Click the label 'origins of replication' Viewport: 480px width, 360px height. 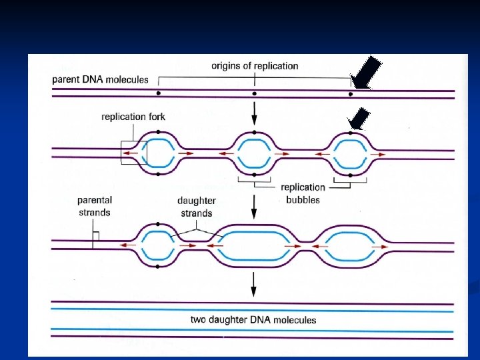tap(255, 66)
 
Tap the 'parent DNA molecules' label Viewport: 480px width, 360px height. tap(101, 80)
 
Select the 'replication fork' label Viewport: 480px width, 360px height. tap(133, 117)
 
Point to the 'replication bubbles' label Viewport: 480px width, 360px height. tap(303, 193)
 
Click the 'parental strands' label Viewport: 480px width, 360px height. tap(94, 206)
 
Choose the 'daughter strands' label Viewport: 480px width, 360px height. tap(196, 207)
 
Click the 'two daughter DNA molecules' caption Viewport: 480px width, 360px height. tap(253, 319)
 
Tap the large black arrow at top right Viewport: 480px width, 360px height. tap(367, 72)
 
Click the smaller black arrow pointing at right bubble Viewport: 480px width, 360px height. tap(359, 119)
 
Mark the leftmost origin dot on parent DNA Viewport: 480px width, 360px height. tap(159, 94)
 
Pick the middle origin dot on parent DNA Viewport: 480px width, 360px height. tap(254, 94)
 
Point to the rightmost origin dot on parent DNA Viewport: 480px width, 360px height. tap(350, 94)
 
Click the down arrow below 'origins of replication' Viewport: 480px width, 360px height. tap(254, 117)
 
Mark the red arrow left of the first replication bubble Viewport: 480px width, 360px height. tap(129, 154)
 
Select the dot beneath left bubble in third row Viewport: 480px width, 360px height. tap(159, 266)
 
